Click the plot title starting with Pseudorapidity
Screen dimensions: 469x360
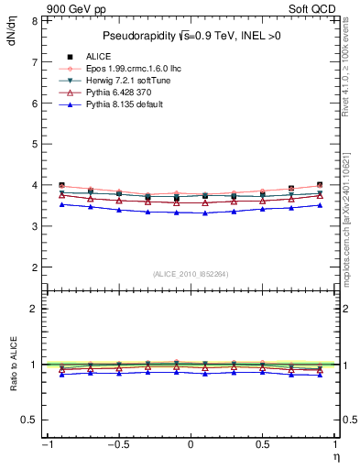pyautogui.click(x=191, y=36)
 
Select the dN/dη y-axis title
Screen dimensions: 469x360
pyautogui.click(x=11, y=34)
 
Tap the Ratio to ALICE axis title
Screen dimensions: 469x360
pyautogui.click(x=11, y=365)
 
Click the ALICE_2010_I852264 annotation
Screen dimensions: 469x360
pyautogui.click(x=189, y=274)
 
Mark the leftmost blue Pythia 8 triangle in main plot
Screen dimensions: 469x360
pyautogui.click(x=61, y=204)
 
